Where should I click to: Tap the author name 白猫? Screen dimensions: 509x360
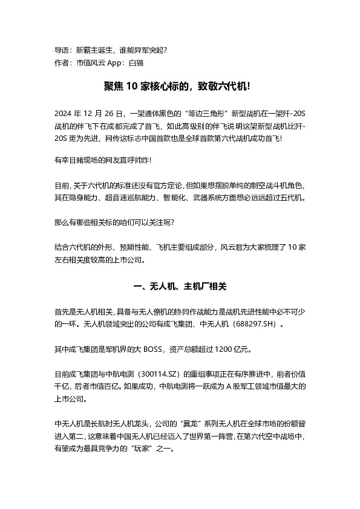[136, 62]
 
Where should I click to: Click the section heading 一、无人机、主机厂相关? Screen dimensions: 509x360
[179, 286]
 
